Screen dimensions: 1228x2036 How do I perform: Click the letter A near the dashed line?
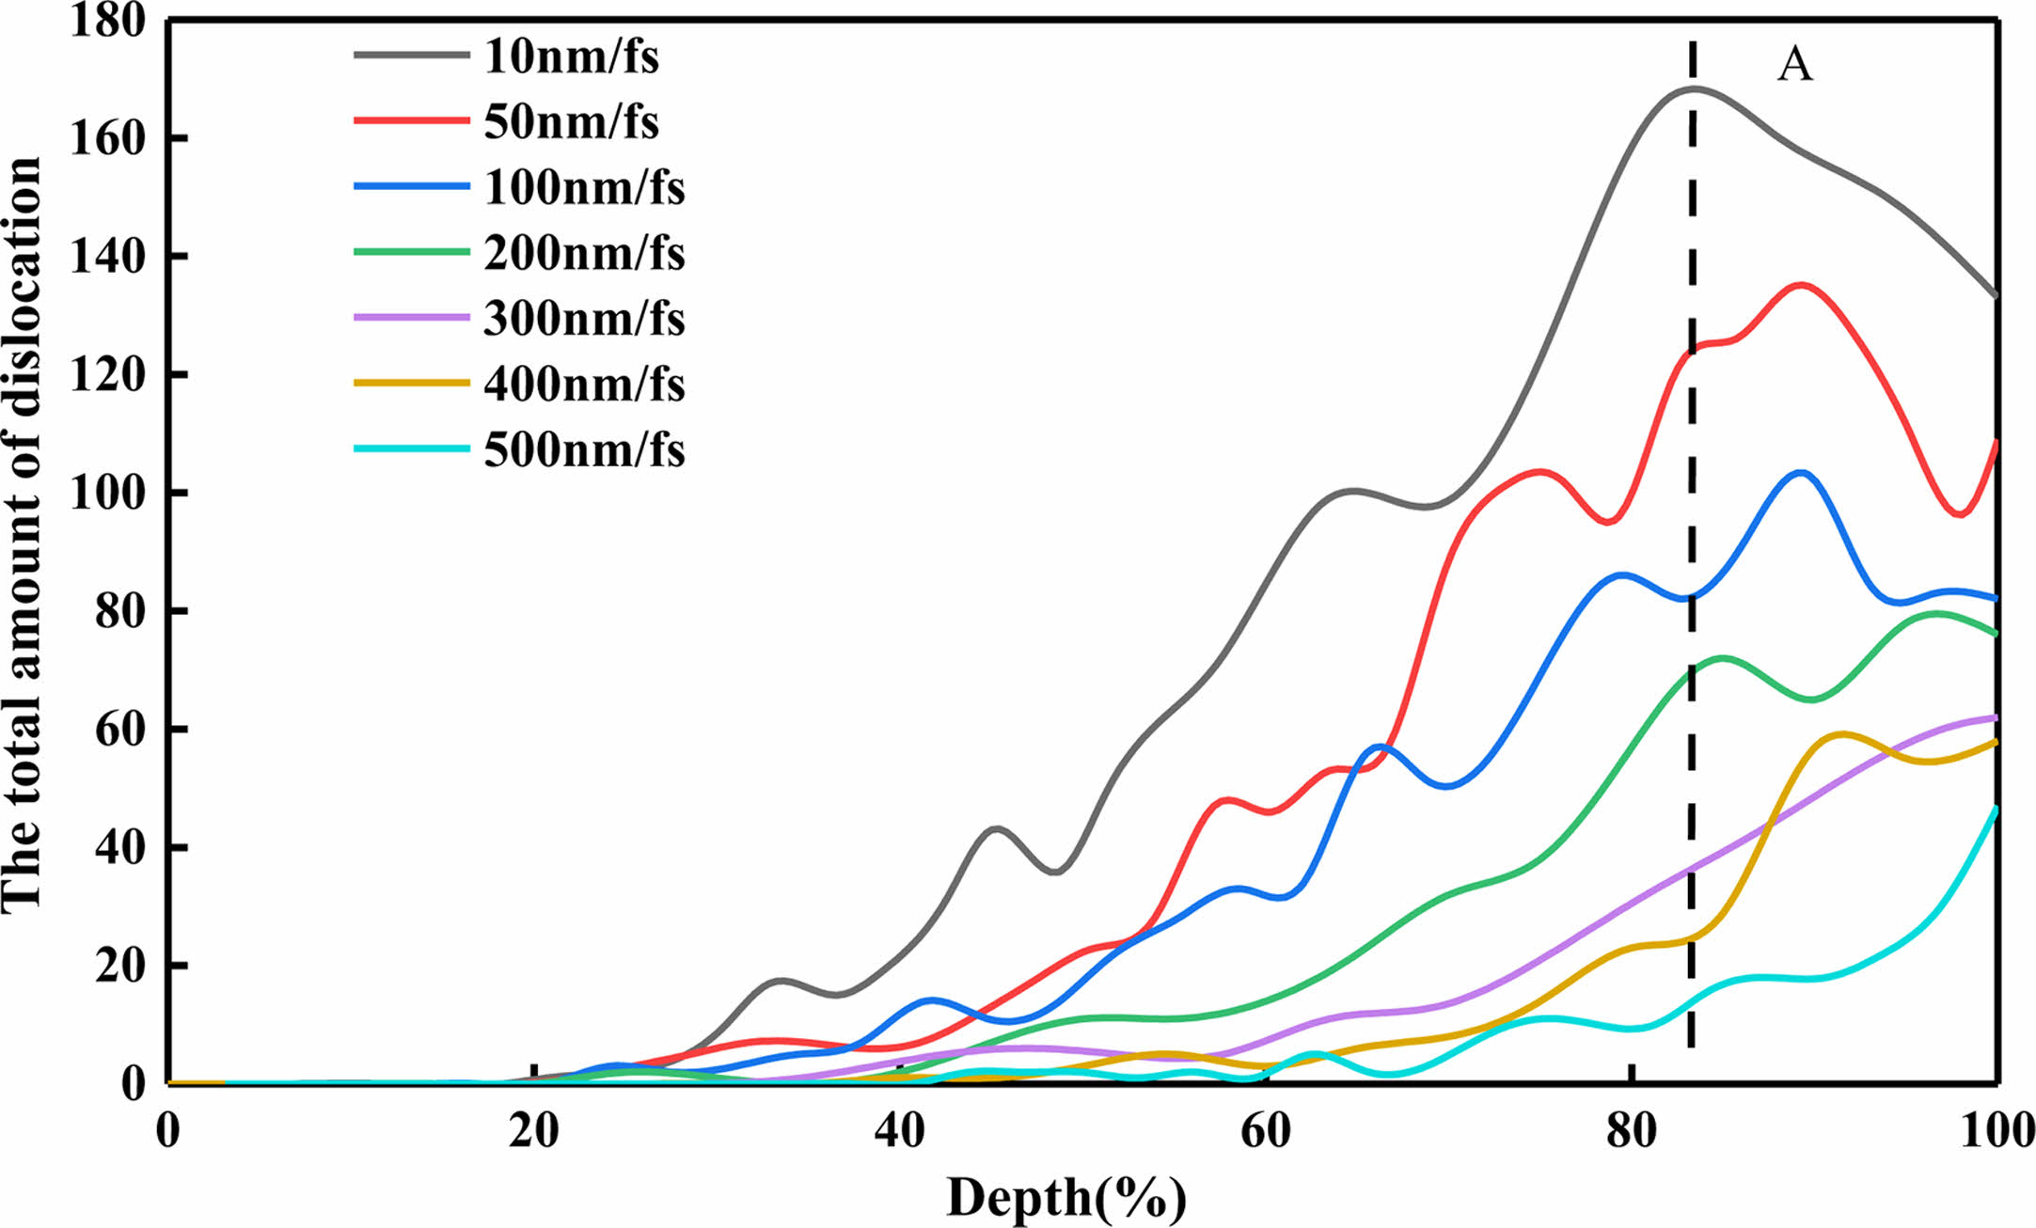pos(1794,66)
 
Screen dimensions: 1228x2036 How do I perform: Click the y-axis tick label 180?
pos(108,21)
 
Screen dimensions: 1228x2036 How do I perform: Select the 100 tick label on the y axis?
pos(108,493)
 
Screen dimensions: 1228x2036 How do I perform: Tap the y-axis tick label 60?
pos(120,730)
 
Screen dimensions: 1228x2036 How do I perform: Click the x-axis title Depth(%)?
pos(1066,1198)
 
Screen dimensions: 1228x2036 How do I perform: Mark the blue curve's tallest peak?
pos(1800,472)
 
